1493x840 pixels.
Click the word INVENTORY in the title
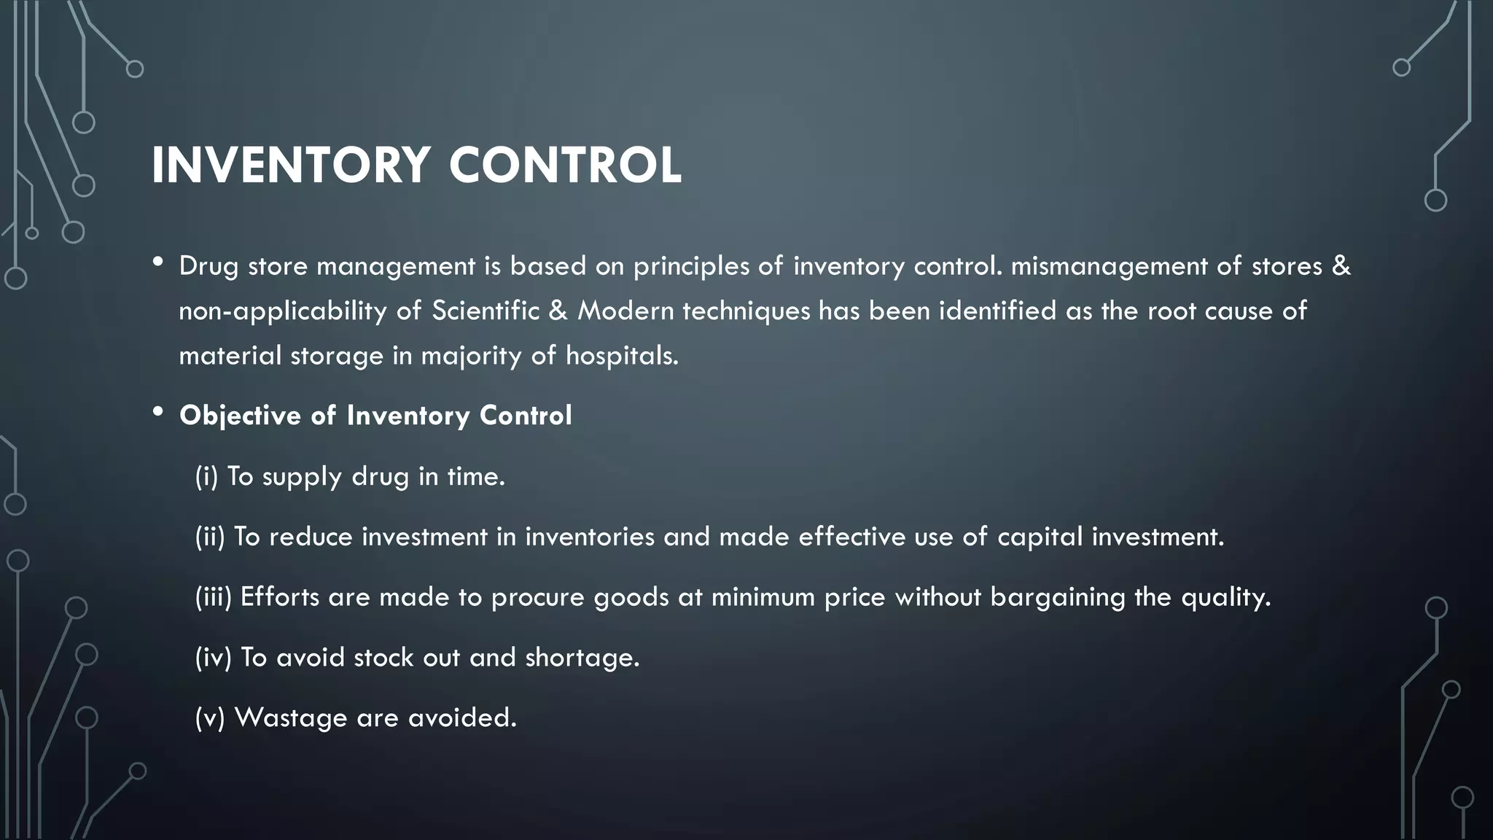[290, 166]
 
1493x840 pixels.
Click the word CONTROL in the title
[565, 166]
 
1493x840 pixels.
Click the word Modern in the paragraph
[626, 311]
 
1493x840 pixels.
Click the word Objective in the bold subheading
[240, 416]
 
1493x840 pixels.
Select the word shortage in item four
[581, 658]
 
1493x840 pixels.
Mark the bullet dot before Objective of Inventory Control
[158, 413]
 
